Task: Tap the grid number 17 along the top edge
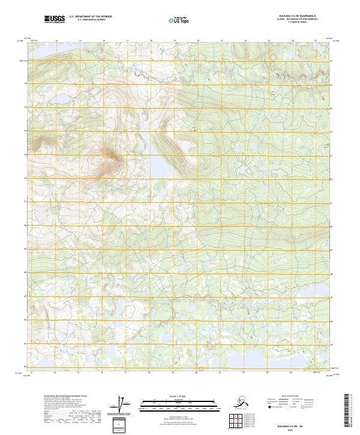point(127,41)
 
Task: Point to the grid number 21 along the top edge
point(222,41)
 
